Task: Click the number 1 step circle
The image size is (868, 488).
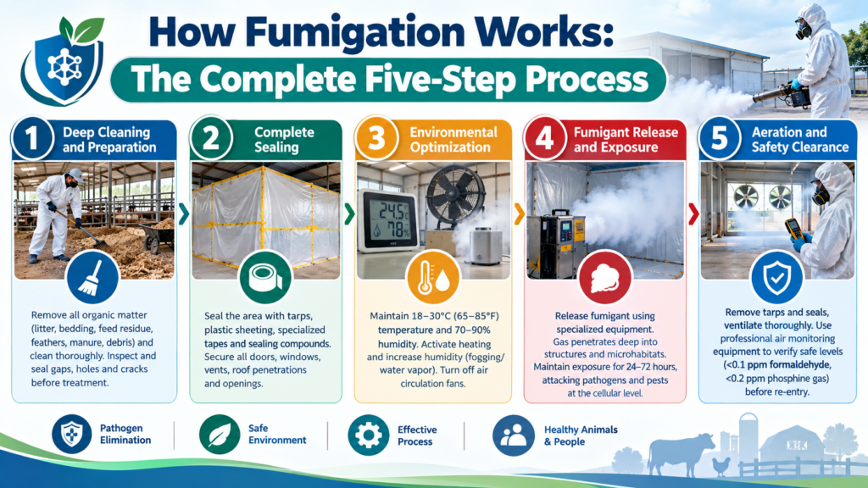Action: pyautogui.click(x=32, y=138)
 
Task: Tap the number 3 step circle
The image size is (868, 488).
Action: pyautogui.click(x=376, y=138)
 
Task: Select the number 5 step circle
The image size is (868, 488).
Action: pyautogui.click(x=719, y=138)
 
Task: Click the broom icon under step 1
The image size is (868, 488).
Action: pyautogui.click(x=92, y=277)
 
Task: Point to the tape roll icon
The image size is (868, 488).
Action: pyautogui.click(x=265, y=277)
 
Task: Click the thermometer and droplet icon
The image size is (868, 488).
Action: pyautogui.click(x=433, y=277)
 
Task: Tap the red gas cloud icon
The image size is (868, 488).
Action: pyautogui.click(x=605, y=277)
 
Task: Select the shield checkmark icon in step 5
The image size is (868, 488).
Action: pyautogui.click(x=777, y=277)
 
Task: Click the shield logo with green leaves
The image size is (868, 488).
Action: pyautogui.click(x=64, y=61)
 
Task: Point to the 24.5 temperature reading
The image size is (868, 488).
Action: pyautogui.click(x=392, y=211)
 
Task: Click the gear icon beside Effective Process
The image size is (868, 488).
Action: pyautogui.click(x=368, y=435)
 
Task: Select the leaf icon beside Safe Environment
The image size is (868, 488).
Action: pyautogui.click(x=220, y=435)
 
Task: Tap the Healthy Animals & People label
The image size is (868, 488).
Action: pyautogui.click(x=581, y=435)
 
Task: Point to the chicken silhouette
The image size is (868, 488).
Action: pyautogui.click(x=721, y=466)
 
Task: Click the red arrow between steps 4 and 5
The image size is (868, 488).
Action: pyautogui.click(x=693, y=214)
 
